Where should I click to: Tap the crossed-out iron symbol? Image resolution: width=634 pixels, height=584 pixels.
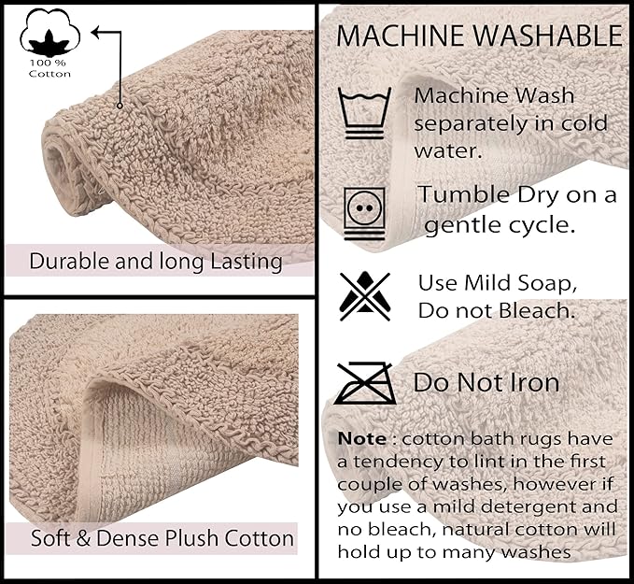coord(365,382)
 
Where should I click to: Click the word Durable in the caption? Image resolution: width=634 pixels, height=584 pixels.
coord(66,260)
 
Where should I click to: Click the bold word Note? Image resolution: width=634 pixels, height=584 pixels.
coord(360,439)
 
